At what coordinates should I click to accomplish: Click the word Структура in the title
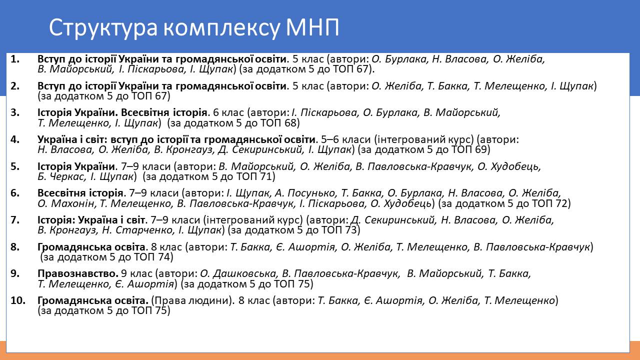tap(103, 28)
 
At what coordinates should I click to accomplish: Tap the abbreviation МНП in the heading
tap(312, 27)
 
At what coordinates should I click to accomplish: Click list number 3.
tap(15, 112)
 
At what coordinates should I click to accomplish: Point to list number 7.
tap(15, 220)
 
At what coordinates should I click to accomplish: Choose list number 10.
tap(18, 300)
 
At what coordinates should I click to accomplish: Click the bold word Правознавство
tap(78, 273)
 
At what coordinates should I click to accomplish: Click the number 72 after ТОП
tap(561, 203)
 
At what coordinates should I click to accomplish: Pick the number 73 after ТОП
tap(351, 230)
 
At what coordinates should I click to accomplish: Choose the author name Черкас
tap(67, 177)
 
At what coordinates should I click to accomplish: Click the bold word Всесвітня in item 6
tap(60, 193)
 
